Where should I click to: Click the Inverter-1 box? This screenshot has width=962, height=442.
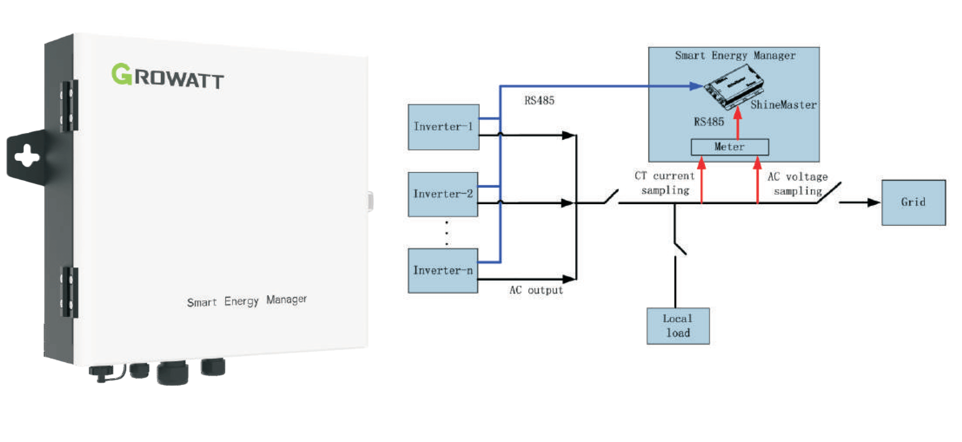tap(443, 127)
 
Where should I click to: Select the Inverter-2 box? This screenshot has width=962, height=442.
tap(443, 194)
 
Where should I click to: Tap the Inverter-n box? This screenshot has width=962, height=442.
tap(443, 270)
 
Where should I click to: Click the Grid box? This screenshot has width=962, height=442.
tap(913, 202)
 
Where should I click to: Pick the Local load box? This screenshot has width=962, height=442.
tap(678, 325)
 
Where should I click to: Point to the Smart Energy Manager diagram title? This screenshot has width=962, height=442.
tap(735, 56)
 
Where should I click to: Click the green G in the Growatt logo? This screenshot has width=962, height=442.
tap(122, 74)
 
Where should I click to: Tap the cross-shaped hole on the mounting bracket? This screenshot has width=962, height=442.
tap(26, 156)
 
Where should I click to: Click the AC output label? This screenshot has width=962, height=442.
tap(536, 290)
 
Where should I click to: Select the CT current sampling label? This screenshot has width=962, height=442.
tap(665, 183)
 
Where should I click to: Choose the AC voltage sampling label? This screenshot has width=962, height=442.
tap(798, 184)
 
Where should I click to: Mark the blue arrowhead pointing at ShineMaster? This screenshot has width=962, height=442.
tap(695, 86)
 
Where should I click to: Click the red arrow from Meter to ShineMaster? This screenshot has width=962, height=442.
tap(737, 123)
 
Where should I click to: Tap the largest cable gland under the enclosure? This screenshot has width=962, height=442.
tap(172, 373)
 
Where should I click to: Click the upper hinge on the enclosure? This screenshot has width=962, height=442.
tap(69, 105)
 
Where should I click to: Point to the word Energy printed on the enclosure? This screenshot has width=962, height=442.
tap(241, 301)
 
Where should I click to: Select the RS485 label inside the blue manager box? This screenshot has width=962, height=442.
tap(709, 122)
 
